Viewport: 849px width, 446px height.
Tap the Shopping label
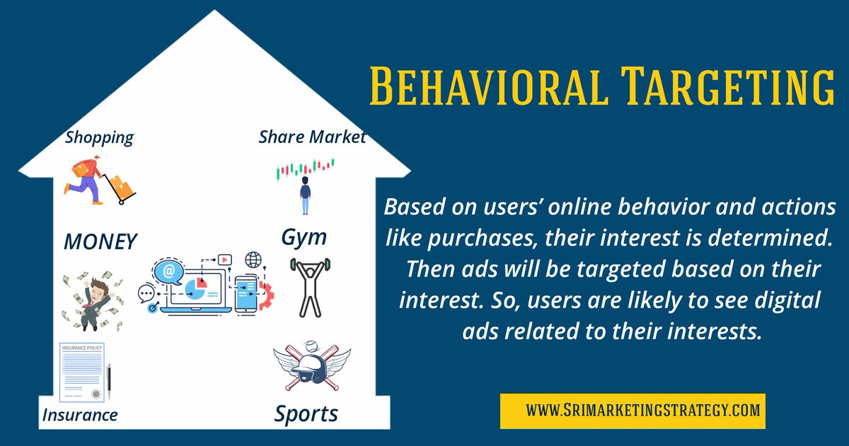coord(99,137)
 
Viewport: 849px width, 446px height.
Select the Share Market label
coord(312,137)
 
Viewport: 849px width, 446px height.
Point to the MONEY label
coord(100,241)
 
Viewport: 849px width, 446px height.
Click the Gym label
coord(304,237)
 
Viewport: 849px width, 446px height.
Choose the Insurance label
coord(79,415)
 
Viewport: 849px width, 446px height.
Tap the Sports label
coord(306,413)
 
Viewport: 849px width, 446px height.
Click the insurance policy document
coord(81,371)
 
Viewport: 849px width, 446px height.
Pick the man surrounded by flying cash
coord(90,301)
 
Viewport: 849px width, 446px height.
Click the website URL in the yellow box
coord(633,410)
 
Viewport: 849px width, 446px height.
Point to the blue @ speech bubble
coord(169,270)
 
